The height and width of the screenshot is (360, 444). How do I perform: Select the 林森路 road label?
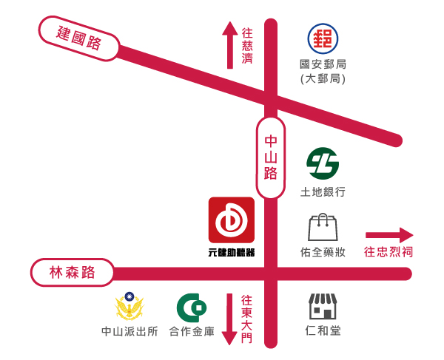pyautogui.click(x=72, y=273)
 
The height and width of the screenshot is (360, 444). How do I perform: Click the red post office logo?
pyautogui.click(x=323, y=37)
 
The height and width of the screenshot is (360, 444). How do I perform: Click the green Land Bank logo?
pyautogui.click(x=323, y=163)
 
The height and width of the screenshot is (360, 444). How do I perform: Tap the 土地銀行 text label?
pyautogui.click(x=323, y=192)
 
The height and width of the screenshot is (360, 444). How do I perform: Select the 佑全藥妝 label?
pyautogui.click(x=323, y=252)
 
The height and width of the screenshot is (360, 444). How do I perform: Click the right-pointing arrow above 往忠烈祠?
pyautogui.click(x=388, y=235)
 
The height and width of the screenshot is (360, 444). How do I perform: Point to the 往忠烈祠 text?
pyautogui.click(x=388, y=252)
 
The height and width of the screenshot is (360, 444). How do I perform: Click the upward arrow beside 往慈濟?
pyautogui.click(x=229, y=44)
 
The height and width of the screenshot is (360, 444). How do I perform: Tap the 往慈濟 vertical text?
pyautogui.click(x=247, y=46)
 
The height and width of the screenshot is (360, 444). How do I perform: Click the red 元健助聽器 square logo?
pyautogui.click(x=231, y=220)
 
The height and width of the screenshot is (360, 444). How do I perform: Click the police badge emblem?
pyautogui.click(x=129, y=306)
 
